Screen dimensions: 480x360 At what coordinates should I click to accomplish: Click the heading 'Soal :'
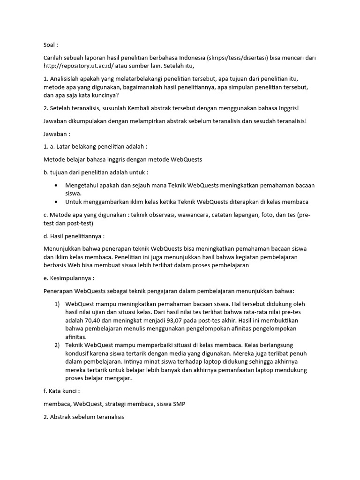pyautogui.click(x=51, y=45)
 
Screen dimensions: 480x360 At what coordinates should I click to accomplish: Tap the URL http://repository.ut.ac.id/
pyautogui.click(x=82, y=66)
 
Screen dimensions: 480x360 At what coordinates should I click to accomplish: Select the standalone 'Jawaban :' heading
pyautogui.click(x=56, y=134)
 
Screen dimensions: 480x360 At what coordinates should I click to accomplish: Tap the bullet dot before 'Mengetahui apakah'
pyautogui.click(x=56, y=185)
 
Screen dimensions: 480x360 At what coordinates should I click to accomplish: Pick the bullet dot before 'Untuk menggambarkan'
pyautogui.click(x=56, y=202)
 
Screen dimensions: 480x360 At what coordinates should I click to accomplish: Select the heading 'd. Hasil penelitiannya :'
pyautogui.click(x=74, y=235)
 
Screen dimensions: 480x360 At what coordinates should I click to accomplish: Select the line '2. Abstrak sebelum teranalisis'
pyautogui.click(x=83, y=417)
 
